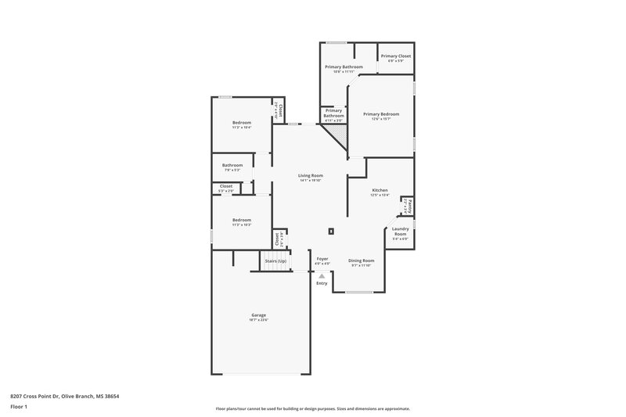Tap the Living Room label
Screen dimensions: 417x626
311,175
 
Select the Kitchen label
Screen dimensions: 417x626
380,190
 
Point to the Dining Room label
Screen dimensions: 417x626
361,260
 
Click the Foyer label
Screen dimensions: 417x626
322,258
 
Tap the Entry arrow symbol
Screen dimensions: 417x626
322,275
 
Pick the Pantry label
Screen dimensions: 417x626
410,207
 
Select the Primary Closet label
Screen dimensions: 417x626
396,56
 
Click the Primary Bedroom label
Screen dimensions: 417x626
381,114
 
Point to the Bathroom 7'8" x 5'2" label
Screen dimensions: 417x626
232,165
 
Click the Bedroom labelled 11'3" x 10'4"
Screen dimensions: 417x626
241,123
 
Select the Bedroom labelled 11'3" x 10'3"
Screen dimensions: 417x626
241,220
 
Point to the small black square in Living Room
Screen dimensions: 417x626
332,231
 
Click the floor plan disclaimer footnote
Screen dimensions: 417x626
312,408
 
